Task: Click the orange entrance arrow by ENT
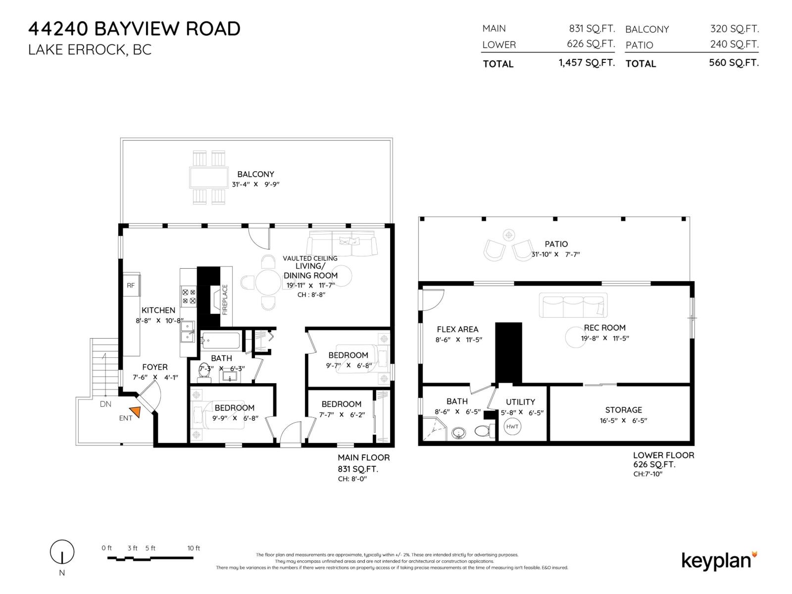135,411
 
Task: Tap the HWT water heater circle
512,426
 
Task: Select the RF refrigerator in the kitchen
131,285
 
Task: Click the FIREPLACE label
225,299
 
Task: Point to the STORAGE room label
623,410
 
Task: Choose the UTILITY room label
520,402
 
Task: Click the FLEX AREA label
457,329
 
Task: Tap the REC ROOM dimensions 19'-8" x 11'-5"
605,338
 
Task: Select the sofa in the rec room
573,305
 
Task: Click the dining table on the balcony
208,177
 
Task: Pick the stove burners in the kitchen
189,297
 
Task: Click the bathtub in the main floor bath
220,340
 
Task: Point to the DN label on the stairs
105,404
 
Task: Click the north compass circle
62,552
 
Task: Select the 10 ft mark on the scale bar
194,548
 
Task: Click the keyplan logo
719,561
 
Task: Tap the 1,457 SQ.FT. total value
587,63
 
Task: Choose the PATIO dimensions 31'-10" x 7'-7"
556,254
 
